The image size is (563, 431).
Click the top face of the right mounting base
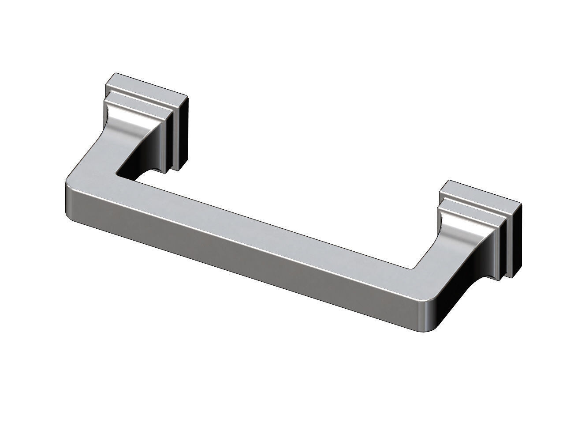tap(481, 193)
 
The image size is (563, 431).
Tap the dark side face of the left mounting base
tap(182, 132)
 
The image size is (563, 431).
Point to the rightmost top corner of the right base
tap(520, 204)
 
